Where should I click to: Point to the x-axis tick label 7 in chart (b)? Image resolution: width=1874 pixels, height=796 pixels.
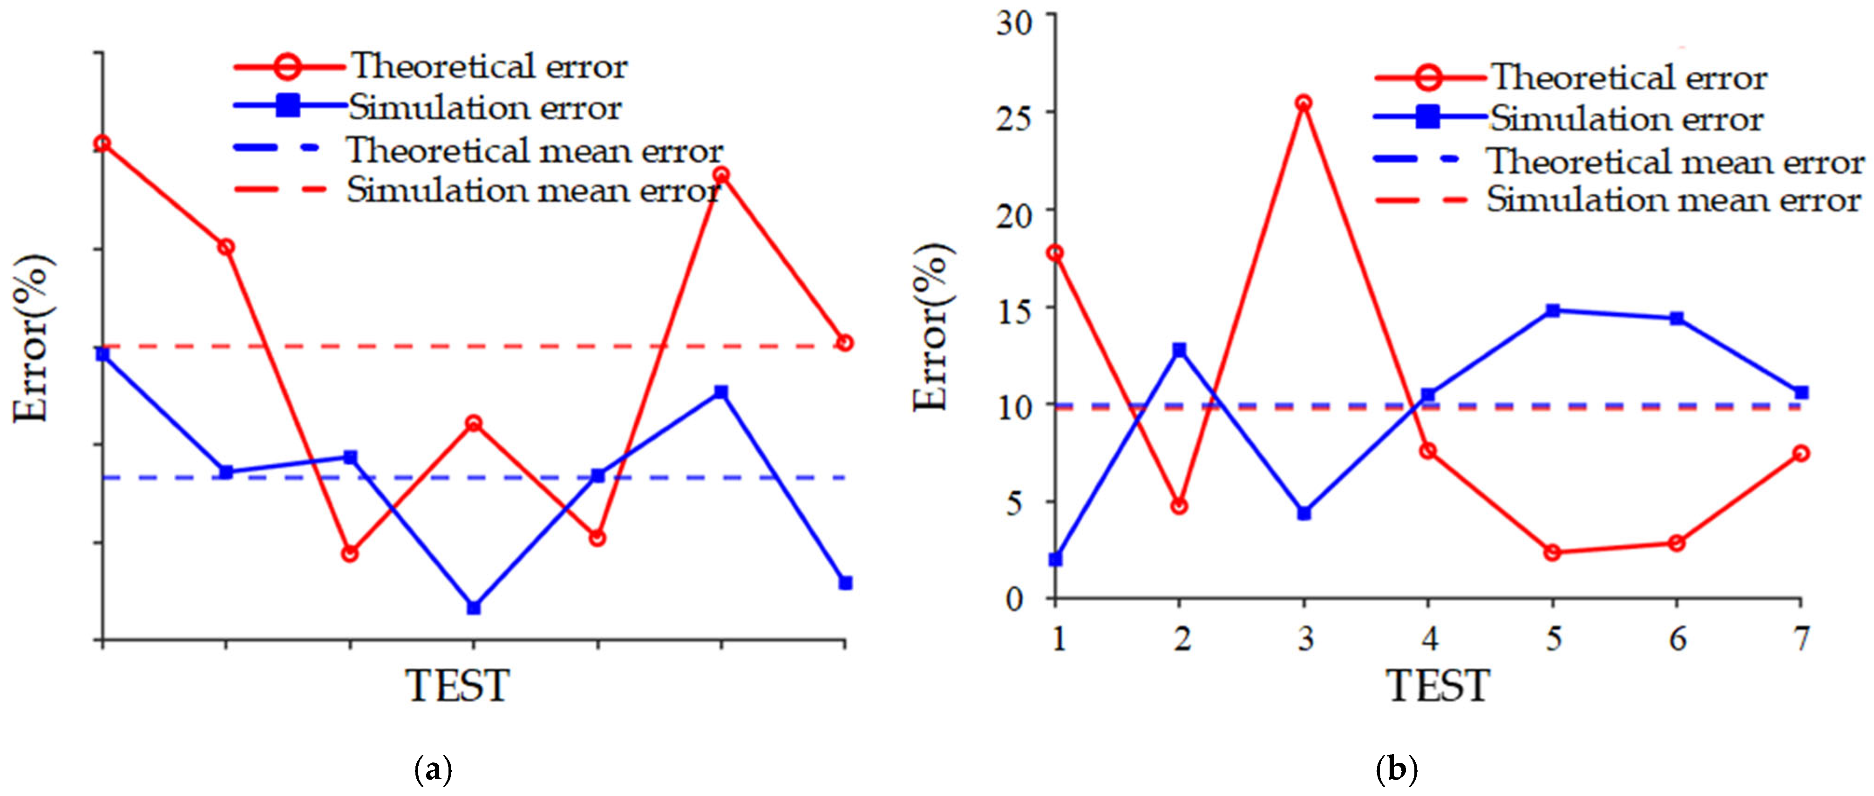coord(1801,640)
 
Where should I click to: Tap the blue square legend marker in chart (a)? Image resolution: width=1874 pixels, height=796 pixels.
coord(289,106)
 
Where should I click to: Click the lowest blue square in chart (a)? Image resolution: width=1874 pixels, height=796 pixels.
coord(474,607)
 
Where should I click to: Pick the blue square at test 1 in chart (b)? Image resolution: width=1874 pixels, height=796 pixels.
coord(1056,559)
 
